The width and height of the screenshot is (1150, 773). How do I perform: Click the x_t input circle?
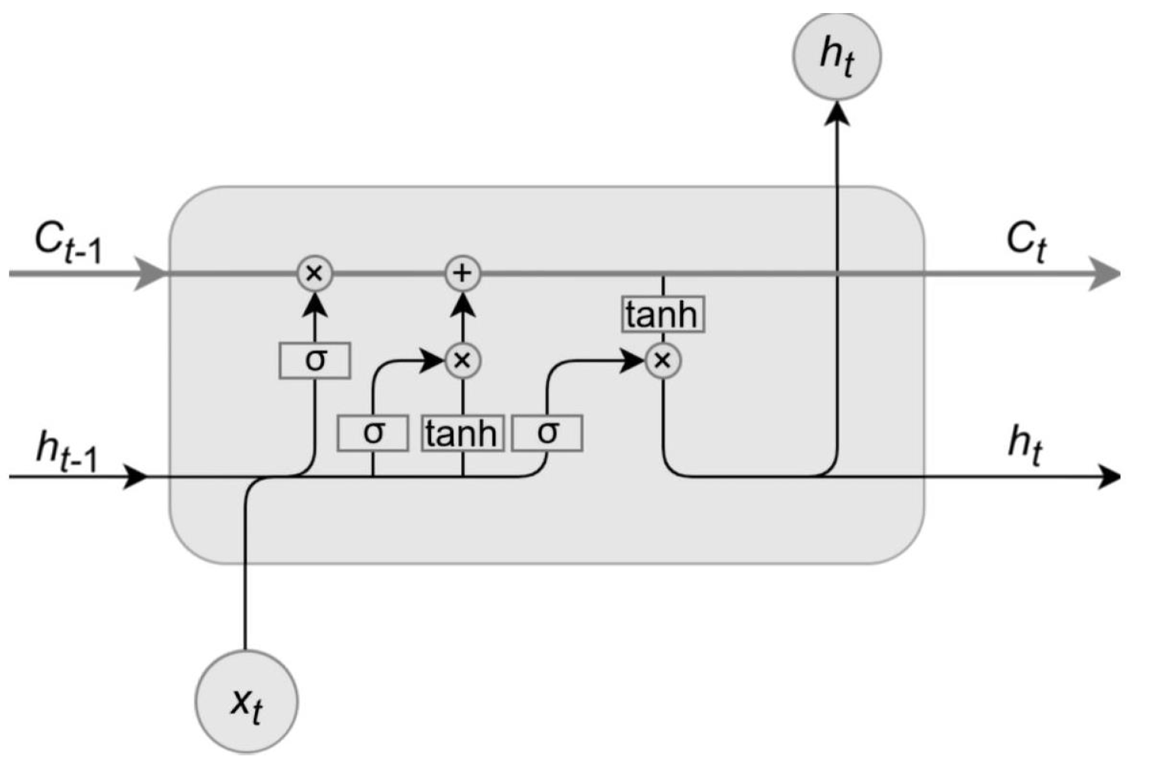247,702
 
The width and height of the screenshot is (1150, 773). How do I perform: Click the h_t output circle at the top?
837,55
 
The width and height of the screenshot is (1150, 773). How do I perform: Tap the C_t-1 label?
67,242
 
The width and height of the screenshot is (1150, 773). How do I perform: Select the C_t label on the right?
1026,242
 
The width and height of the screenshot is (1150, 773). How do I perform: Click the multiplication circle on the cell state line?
315,273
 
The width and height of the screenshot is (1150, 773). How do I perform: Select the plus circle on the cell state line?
462,273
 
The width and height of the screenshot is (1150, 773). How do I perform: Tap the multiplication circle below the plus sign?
462,360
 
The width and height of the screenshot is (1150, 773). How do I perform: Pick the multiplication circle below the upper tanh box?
663,360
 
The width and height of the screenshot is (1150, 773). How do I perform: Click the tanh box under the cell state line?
662,315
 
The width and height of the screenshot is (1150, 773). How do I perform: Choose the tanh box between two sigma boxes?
462,433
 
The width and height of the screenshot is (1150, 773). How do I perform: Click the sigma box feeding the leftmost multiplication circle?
315,360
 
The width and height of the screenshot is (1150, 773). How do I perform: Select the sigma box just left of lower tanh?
373,433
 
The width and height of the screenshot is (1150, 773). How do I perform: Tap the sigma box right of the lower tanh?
547,433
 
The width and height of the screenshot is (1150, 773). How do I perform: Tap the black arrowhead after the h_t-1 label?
136,477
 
